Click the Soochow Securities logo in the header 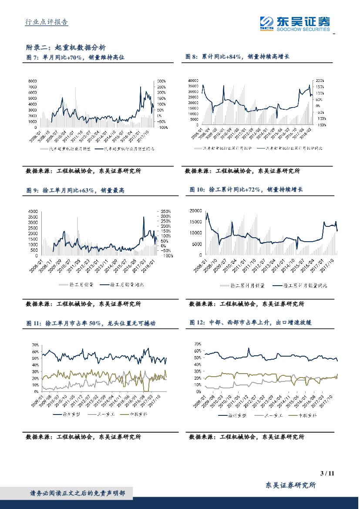coord(294,23)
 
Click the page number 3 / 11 coord(326,473)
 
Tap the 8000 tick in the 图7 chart coord(33,81)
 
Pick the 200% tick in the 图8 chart coord(320,81)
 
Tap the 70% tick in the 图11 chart coord(34,345)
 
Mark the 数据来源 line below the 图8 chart coord(242,171)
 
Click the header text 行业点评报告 coord(46,23)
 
